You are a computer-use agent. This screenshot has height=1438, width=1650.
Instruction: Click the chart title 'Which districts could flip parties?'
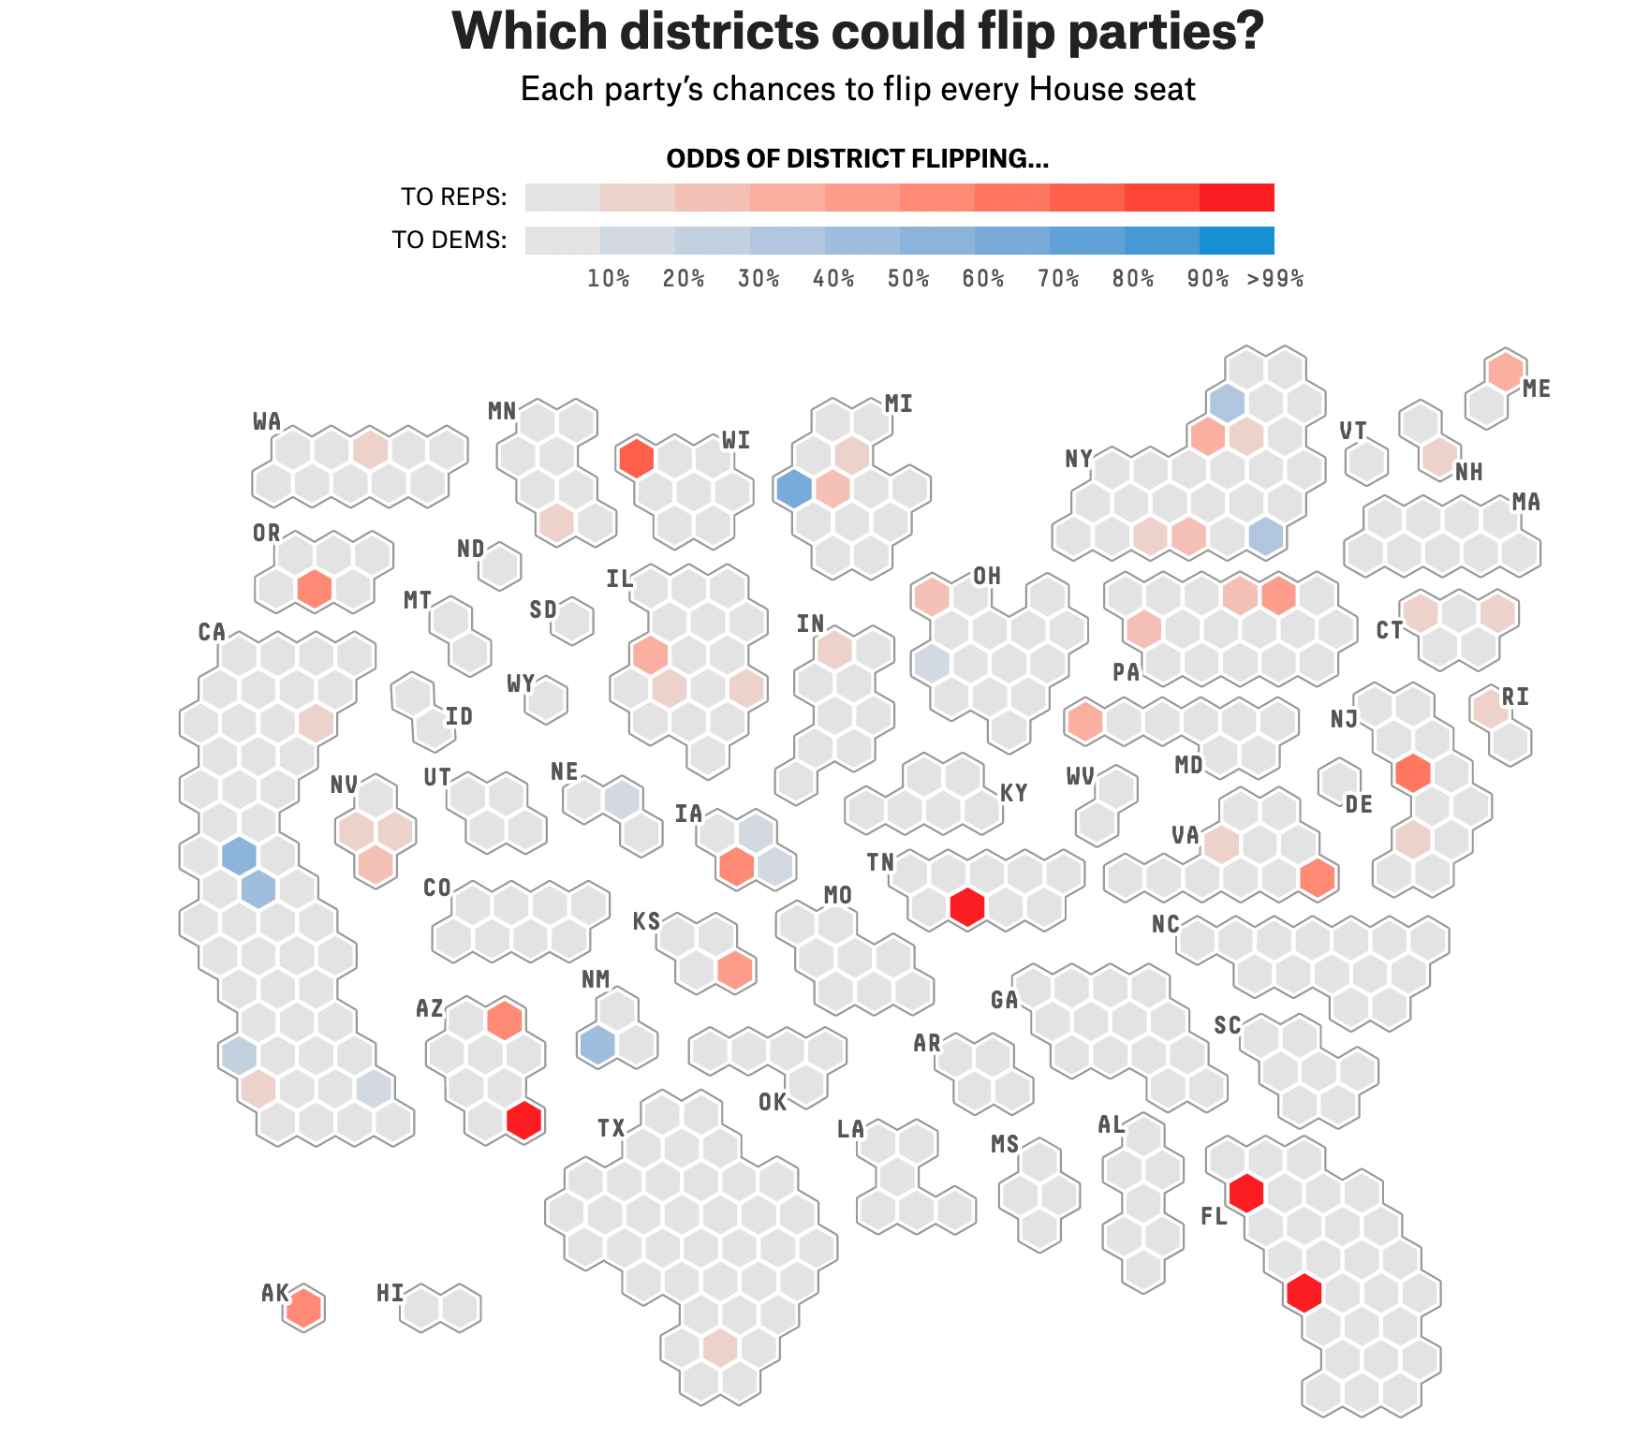858,32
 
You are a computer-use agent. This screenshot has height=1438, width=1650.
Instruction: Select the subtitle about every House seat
858,90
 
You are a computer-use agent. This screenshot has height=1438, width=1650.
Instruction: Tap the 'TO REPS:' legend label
454,198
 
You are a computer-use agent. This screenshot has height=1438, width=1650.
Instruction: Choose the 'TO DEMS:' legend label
449,241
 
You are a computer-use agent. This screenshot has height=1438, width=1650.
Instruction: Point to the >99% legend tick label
1274,279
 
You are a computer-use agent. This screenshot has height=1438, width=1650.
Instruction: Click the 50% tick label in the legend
908,279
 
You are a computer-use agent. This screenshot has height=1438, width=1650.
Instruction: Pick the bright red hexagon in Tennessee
967,907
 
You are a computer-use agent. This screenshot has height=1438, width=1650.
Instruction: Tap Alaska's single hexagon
303,1308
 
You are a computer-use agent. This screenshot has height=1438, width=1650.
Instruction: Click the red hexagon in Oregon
315,589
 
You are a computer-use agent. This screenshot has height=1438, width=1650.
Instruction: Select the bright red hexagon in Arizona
524,1121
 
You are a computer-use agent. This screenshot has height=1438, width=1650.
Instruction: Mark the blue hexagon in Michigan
794,490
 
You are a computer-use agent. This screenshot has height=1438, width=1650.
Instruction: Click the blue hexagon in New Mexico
597,1045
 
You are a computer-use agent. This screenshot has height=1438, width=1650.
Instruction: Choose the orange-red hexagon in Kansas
735,970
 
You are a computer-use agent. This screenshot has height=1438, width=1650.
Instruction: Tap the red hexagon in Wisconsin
637,459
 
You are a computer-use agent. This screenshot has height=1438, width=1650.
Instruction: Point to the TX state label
611,1129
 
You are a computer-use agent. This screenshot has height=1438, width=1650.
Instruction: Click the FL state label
1214,1217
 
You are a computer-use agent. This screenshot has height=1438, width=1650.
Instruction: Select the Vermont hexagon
1366,462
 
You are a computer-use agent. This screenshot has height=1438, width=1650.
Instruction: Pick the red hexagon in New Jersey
1413,773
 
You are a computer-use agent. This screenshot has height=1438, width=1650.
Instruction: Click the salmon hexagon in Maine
1506,372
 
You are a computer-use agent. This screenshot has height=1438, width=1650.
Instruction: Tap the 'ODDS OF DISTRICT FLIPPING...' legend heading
858,159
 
